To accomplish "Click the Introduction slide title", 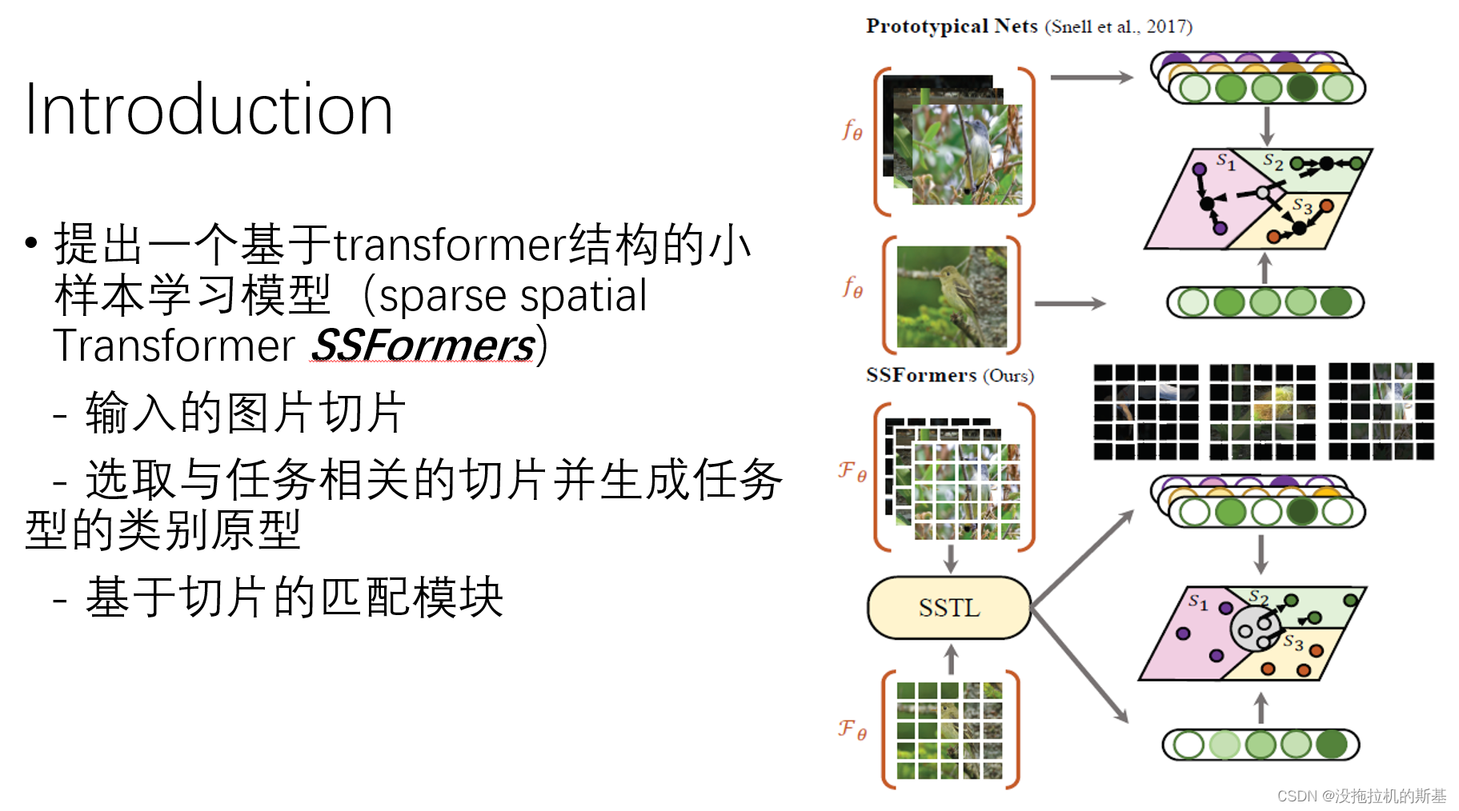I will pyautogui.click(x=208, y=110).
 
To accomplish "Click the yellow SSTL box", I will pyautogui.click(x=949, y=608).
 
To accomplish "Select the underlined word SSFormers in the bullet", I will pyautogui.click(x=423, y=346).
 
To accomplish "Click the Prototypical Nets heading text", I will pyautogui.click(x=952, y=26).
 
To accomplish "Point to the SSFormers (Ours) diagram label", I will pyautogui.click(x=949, y=375).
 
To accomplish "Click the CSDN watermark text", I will pyautogui.click(x=1361, y=796).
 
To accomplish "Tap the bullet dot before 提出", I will pyautogui.click(x=31, y=242).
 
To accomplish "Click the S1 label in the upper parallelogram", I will pyautogui.click(x=1225, y=162).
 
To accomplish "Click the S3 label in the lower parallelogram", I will pyautogui.click(x=1293, y=641).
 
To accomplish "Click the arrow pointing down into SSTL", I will pyautogui.click(x=951, y=558).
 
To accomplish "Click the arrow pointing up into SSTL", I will pyautogui.click(x=951, y=660).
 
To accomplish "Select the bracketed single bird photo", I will pyautogui.click(x=951, y=296).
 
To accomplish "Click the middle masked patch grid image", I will pyautogui.click(x=1262, y=411).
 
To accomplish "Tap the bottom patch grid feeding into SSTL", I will pyautogui.click(x=949, y=730).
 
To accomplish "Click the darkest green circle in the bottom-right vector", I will pyautogui.click(x=1332, y=745).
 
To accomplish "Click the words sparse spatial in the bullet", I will pyautogui.click(x=512, y=296).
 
